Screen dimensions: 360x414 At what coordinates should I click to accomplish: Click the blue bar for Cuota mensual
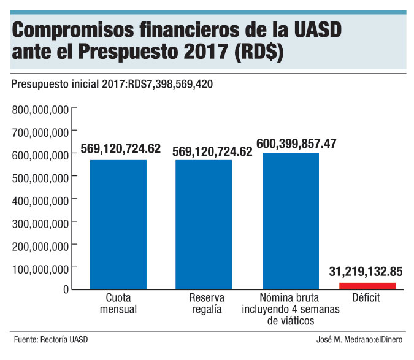118,224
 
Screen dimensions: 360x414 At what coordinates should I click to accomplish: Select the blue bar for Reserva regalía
204,224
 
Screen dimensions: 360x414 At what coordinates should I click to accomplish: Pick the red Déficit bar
367,285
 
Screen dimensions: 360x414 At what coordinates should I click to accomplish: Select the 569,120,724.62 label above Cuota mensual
120,149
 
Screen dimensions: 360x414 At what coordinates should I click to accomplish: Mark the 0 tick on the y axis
64,289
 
